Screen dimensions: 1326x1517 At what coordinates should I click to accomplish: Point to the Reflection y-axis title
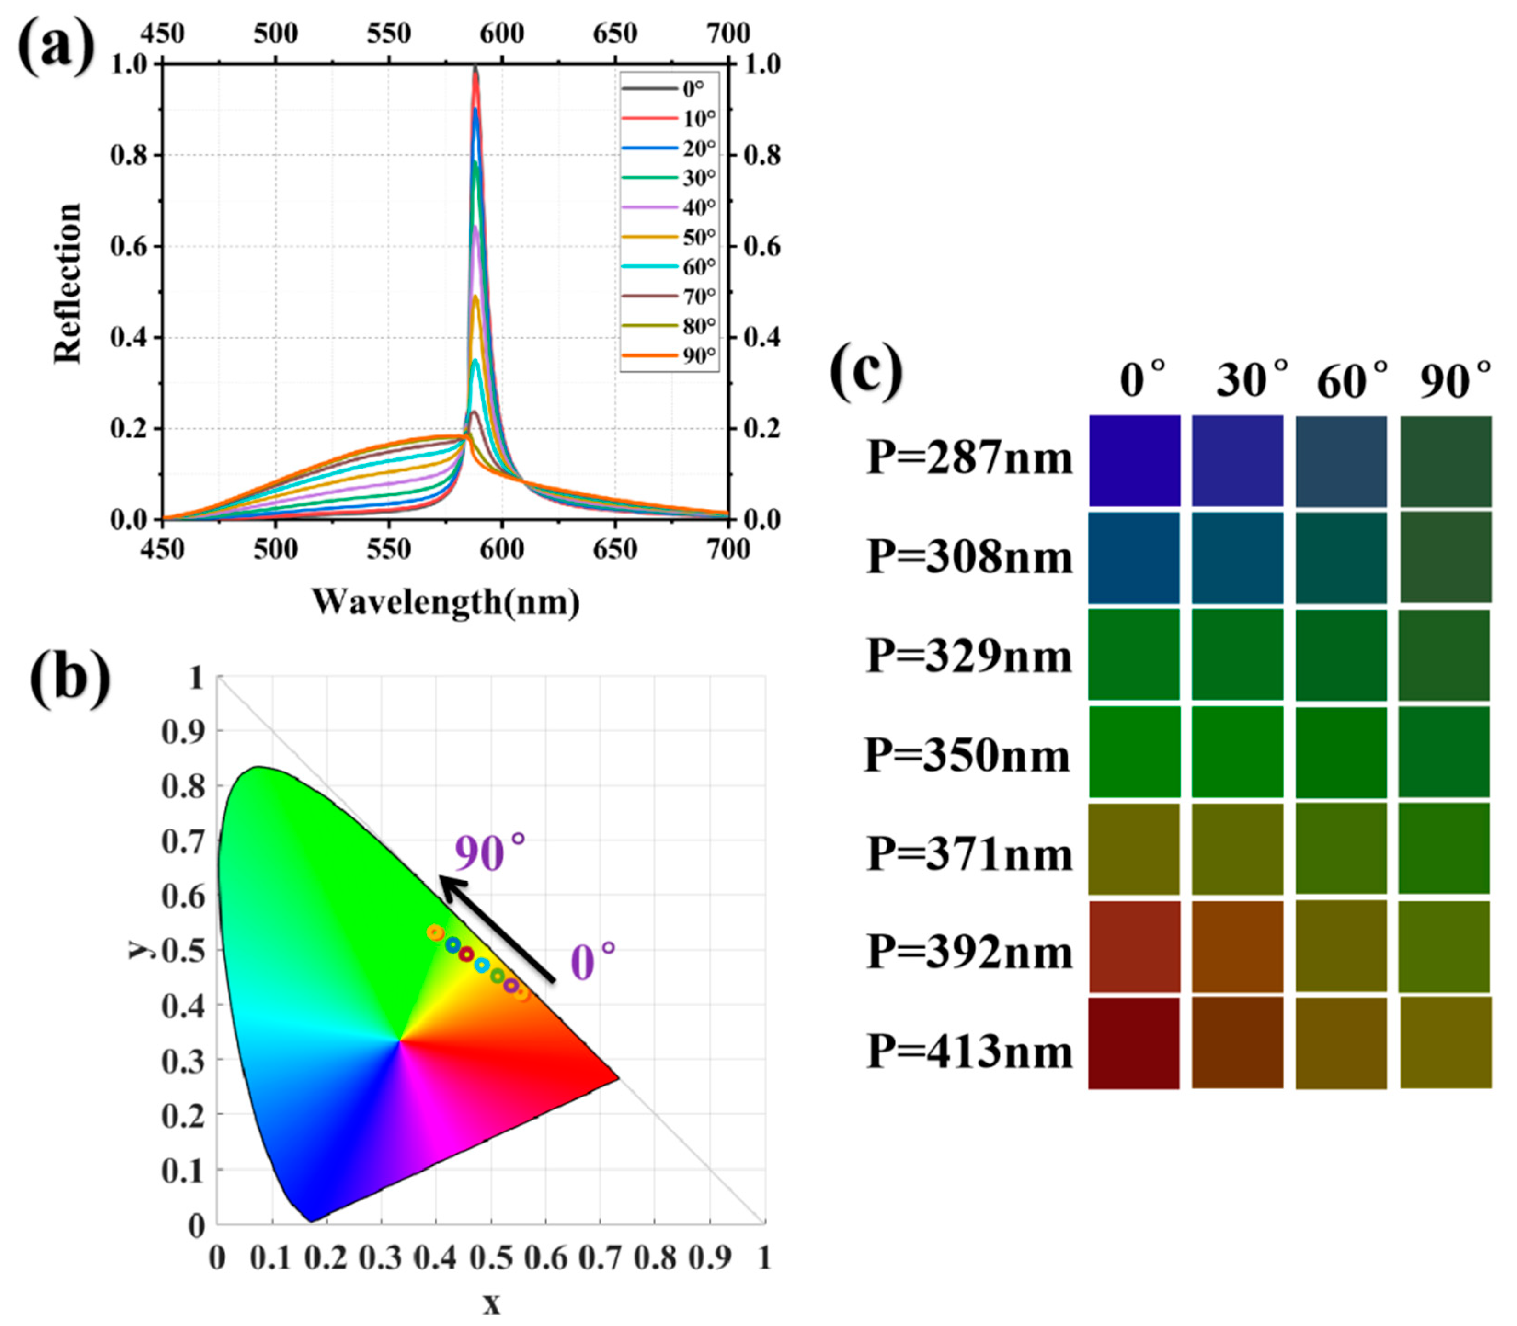pyautogui.click(x=68, y=283)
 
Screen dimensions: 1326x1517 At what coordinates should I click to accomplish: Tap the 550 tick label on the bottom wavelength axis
pyautogui.click(x=389, y=550)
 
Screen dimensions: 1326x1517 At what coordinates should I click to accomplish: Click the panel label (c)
pyautogui.click(x=866, y=372)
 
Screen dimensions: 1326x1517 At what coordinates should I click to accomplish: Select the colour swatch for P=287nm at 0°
pyautogui.click(x=1133, y=460)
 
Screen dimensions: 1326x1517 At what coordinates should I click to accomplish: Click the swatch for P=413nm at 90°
pyautogui.click(x=1445, y=1043)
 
